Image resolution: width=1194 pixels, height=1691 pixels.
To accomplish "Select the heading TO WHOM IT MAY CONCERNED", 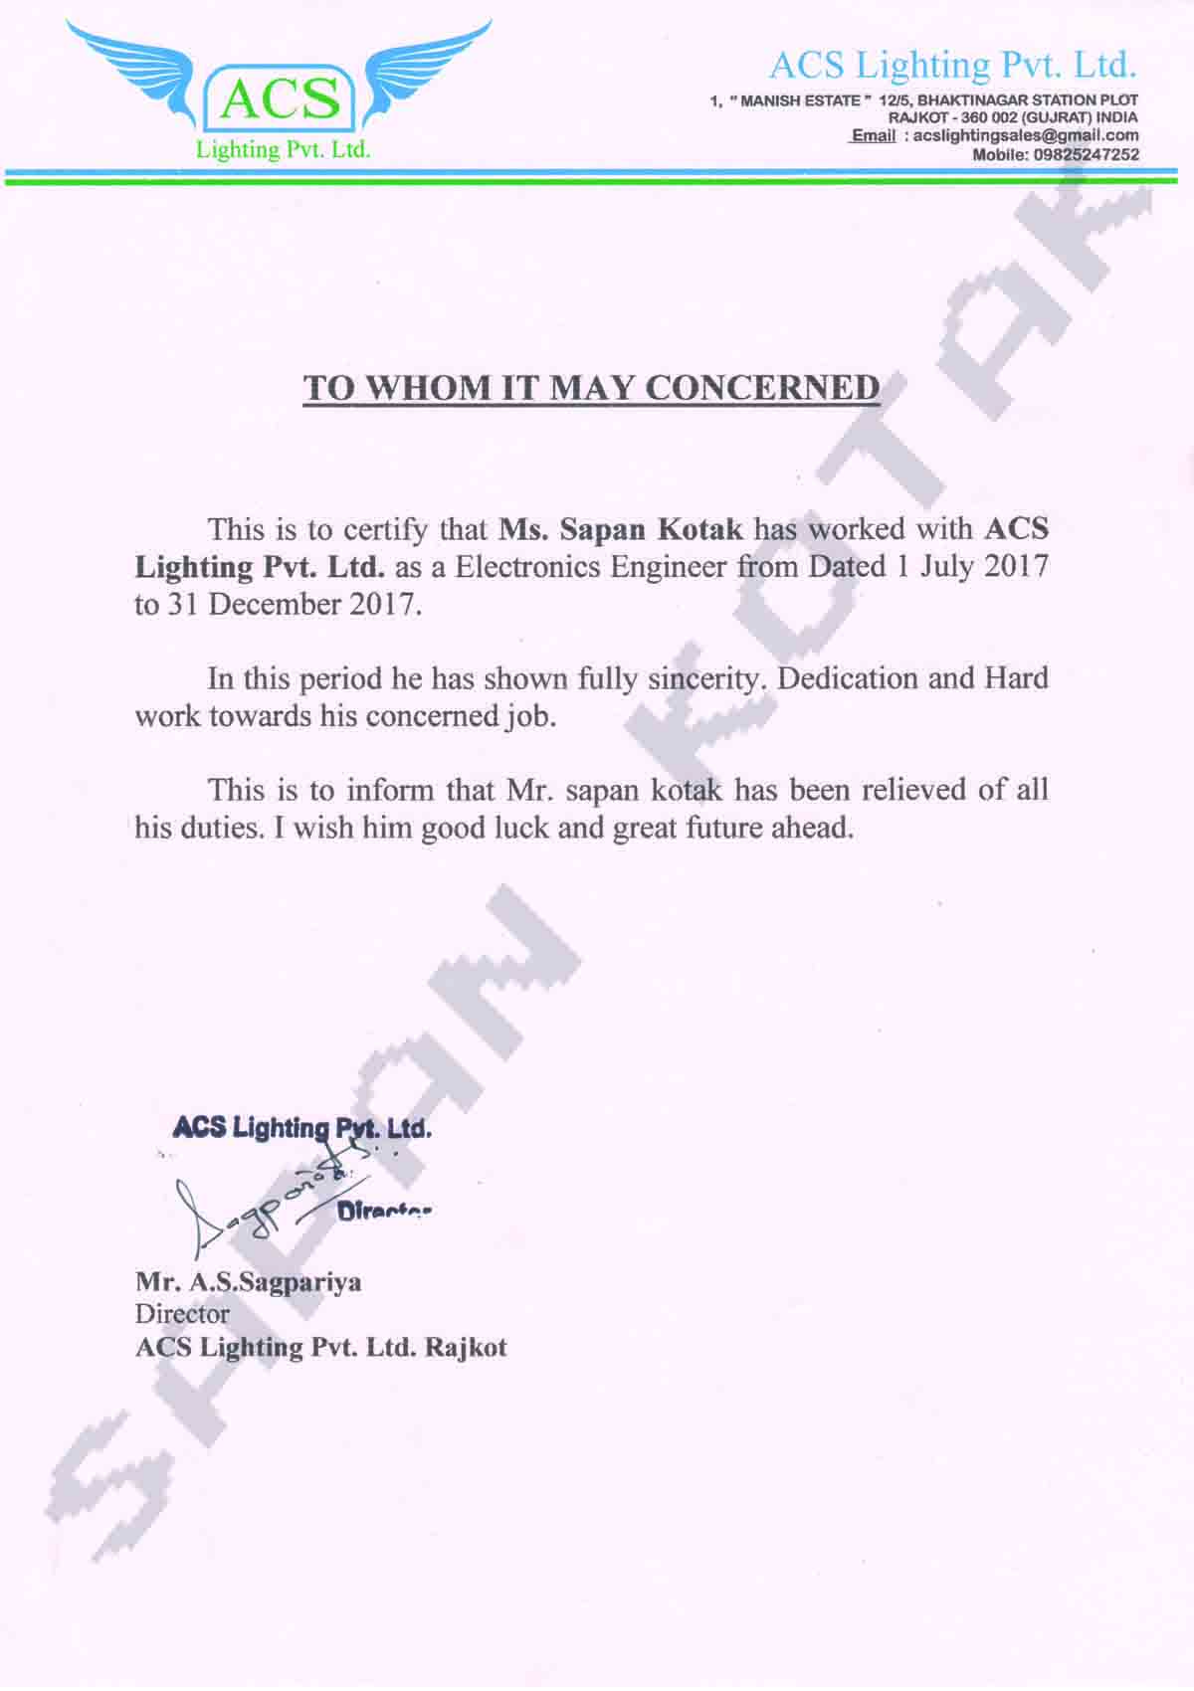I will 591,387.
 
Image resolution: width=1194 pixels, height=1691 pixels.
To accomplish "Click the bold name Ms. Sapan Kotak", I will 621,529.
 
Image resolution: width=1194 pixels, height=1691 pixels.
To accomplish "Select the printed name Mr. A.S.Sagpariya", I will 249,1282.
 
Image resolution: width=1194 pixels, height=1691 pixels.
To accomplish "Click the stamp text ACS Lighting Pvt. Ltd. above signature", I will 302,1128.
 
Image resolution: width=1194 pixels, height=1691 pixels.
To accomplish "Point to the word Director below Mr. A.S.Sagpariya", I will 182,1315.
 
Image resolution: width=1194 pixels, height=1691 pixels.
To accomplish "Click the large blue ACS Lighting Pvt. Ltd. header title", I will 952,66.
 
